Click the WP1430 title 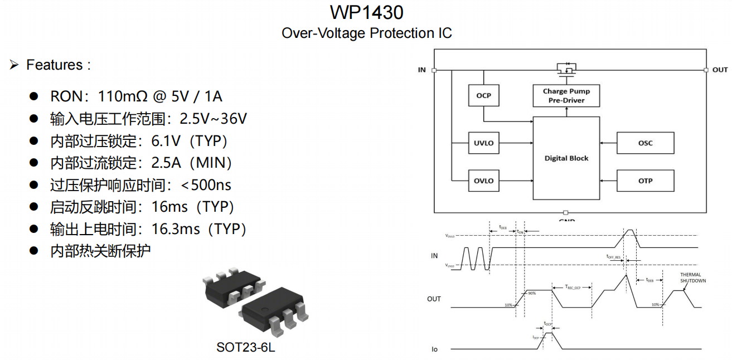366,12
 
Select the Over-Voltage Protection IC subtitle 366,33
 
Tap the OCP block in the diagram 483,96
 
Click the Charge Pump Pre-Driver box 566,96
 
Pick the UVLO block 483,143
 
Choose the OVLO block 483,181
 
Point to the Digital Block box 566,158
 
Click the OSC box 645,143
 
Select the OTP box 645,181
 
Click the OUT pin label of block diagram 720,70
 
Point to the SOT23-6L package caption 246,348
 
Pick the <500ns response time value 206,185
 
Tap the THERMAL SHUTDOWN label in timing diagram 693,278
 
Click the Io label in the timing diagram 434,349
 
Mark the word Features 54,65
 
